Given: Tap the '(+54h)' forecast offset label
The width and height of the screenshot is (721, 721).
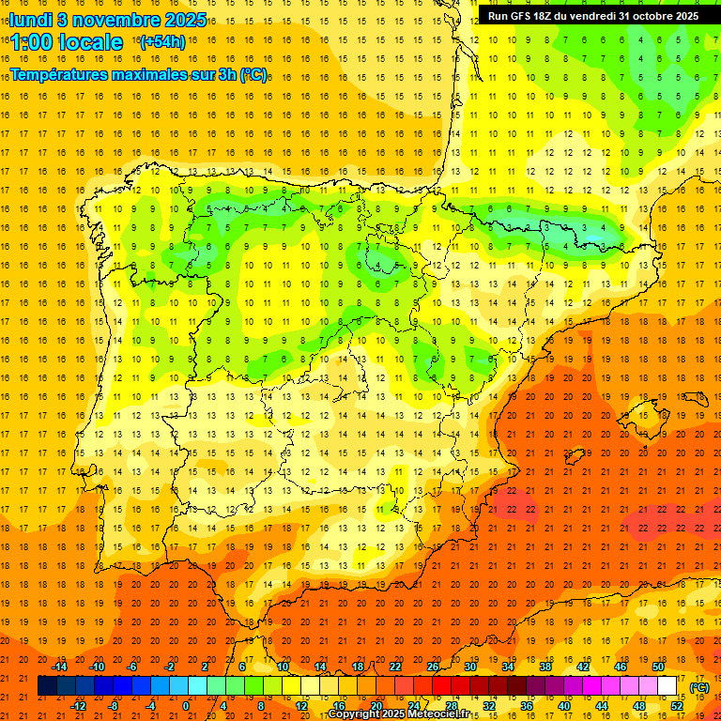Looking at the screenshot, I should [x=161, y=42].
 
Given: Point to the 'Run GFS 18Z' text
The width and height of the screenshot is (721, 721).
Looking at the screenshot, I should [x=522, y=16].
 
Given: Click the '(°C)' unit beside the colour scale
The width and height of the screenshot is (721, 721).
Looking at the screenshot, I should [x=699, y=687].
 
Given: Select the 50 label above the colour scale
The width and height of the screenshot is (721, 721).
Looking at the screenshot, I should [x=658, y=667].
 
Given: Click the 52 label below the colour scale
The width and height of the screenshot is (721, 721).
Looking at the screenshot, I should [x=677, y=706].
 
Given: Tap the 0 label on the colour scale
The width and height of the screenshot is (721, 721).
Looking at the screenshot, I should [x=186, y=706].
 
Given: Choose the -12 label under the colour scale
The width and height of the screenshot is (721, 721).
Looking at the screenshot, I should [x=78, y=706].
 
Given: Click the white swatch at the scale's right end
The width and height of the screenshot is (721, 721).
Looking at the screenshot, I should [x=667, y=686].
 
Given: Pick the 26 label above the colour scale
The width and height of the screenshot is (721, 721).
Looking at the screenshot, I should [x=433, y=667].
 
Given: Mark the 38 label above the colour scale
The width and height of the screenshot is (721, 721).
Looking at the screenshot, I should [x=545, y=667].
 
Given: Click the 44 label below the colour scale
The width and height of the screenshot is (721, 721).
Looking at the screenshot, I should [x=602, y=706].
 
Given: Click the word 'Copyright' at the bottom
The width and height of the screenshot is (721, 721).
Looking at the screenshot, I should [x=354, y=714].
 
